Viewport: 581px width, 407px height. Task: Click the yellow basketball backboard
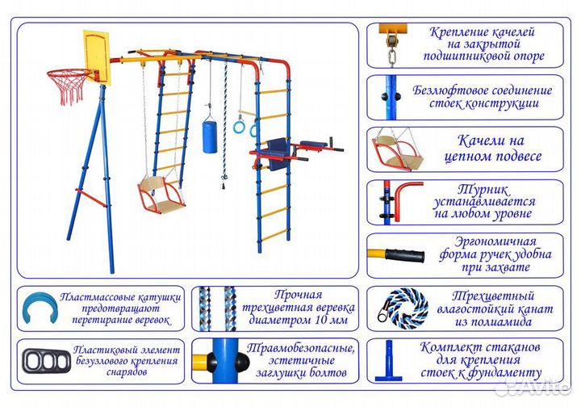click(x=96, y=57)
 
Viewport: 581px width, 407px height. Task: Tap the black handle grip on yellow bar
click(x=404, y=256)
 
